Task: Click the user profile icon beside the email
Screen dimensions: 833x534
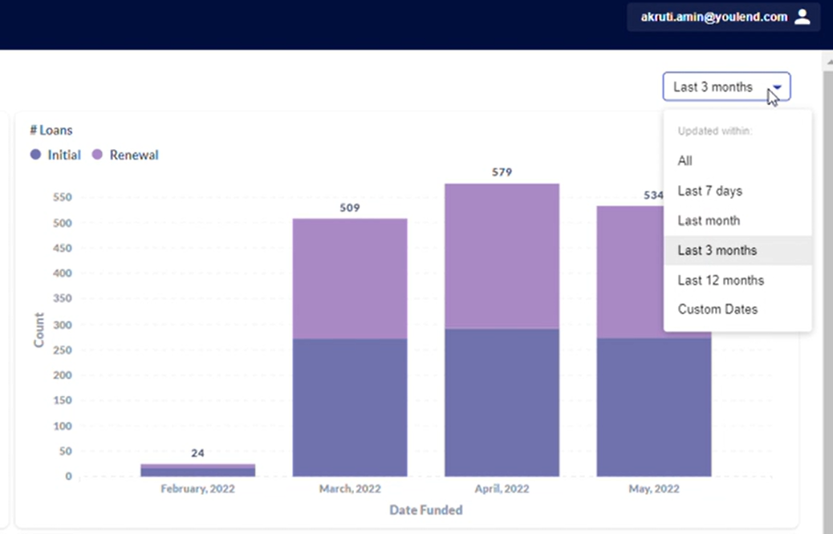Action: pos(803,17)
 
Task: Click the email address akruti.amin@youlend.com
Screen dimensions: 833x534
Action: pos(714,17)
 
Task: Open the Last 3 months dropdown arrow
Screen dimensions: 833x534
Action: pos(777,87)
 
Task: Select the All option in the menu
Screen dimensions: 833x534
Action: pos(685,161)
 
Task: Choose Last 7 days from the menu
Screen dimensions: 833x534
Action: pos(709,191)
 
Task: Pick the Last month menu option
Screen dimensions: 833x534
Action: pos(709,220)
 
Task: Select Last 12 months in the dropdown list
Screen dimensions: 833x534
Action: pos(721,281)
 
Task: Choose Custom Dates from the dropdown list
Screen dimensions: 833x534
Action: pos(717,309)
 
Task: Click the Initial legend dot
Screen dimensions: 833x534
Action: pos(35,155)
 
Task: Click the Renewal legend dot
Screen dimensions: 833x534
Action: pos(97,155)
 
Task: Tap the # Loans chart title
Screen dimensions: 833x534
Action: pos(51,130)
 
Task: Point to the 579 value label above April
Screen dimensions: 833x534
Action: pos(502,172)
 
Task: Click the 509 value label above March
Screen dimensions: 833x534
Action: pos(350,208)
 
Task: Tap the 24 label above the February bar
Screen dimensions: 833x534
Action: pos(197,453)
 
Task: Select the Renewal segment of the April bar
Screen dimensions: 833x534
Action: pos(502,257)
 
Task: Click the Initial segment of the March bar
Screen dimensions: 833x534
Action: pos(350,407)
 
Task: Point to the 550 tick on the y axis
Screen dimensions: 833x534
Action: pos(62,197)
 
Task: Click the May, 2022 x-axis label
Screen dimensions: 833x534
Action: pos(654,489)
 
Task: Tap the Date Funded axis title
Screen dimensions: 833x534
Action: pos(426,510)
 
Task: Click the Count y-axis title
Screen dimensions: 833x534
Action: pos(39,330)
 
